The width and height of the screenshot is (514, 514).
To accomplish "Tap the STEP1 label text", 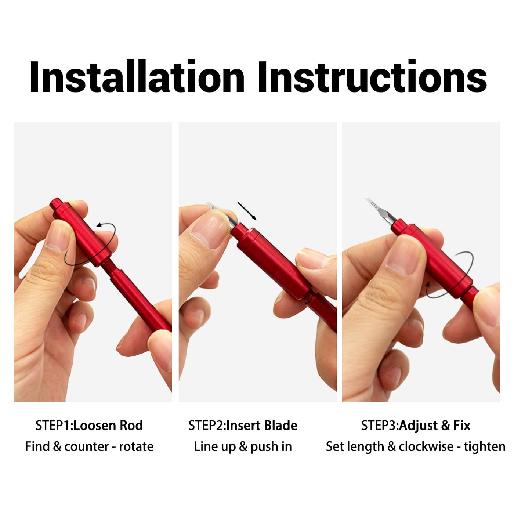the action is pos(54,426).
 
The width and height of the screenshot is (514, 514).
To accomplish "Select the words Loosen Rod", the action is pos(108,426).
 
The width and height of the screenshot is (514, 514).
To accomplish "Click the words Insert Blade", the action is pos(262,426).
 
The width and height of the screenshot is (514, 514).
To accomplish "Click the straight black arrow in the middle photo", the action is pos(247,211).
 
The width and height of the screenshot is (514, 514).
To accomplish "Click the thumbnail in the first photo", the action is pos(58,238).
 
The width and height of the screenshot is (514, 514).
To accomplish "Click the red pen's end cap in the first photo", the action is pos(57,204).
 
